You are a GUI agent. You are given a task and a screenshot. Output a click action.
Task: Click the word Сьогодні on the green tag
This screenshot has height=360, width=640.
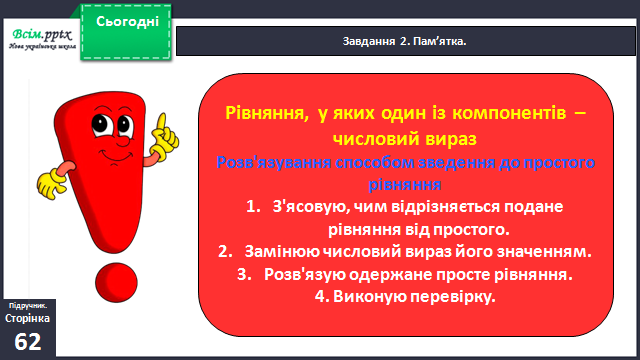[x=127, y=21]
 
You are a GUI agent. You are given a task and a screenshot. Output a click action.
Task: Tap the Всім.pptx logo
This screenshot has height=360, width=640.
[x=42, y=39]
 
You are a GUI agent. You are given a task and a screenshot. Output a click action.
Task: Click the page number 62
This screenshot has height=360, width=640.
[x=28, y=342]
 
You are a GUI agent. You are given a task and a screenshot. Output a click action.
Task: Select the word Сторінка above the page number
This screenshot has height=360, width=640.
[x=27, y=318]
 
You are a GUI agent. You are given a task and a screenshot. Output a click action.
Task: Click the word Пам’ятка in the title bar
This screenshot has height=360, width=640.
[x=440, y=41]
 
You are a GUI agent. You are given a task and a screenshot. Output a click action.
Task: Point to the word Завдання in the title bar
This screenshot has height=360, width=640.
[x=369, y=42]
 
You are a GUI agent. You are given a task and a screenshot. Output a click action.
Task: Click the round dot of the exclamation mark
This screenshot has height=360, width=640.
[x=116, y=283]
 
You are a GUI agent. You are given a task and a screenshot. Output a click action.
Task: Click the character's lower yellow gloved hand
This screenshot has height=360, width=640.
[x=51, y=184]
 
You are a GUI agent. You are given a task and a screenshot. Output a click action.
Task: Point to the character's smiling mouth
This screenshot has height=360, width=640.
[x=116, y=156]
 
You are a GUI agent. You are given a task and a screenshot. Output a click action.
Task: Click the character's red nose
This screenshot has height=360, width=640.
[x=123, y=142]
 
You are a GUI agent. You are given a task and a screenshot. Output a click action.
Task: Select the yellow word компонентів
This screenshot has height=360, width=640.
[x=509, y=113]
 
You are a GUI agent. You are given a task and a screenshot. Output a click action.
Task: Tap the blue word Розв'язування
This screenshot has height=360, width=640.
[x=273, y=162]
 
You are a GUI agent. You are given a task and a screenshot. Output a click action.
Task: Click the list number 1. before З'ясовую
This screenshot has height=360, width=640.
[x=253, y=207]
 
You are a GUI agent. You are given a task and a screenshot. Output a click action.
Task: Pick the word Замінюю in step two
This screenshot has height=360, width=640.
[x=282, y=251]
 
